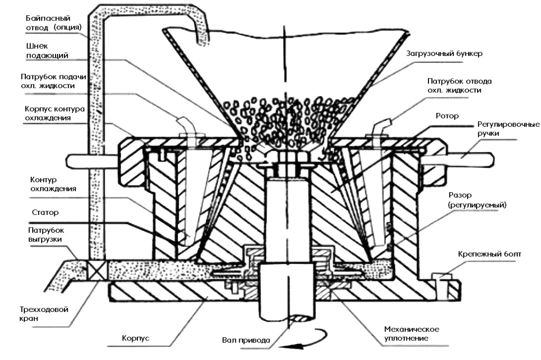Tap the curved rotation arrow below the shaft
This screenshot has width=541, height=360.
click(304, 342)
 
